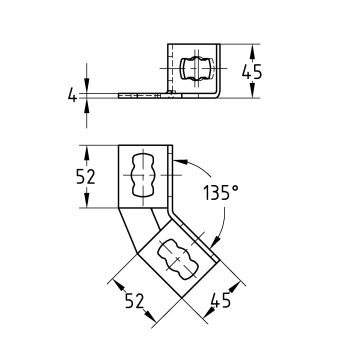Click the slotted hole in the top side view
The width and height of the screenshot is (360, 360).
(x=195, y=69)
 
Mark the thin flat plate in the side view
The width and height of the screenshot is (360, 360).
(x=145, y=96)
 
